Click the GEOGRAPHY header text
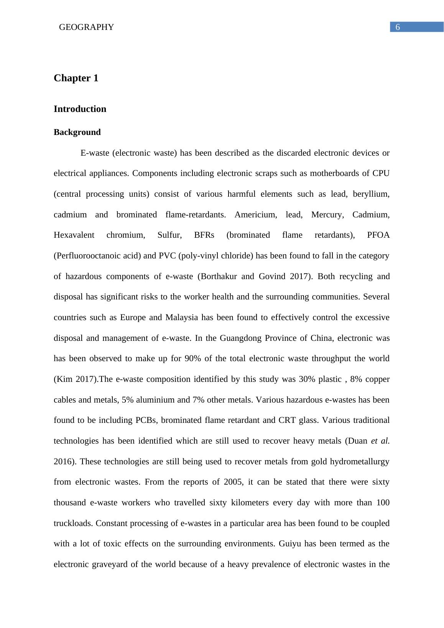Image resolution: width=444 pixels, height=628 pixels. click(x=86, y=27)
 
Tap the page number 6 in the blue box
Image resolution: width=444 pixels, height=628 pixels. click(x=398, y=27)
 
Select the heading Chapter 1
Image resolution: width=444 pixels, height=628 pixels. click(x=76, y=78)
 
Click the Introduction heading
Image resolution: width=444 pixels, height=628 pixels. click(x=80, y=109)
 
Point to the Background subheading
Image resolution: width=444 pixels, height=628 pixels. click(x=77, y=132)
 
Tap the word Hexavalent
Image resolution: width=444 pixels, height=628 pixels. click(x=74, y=235)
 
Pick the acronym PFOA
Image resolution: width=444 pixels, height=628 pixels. click(x=378, y=235)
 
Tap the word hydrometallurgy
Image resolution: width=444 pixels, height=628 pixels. click(x=361, y=462)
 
